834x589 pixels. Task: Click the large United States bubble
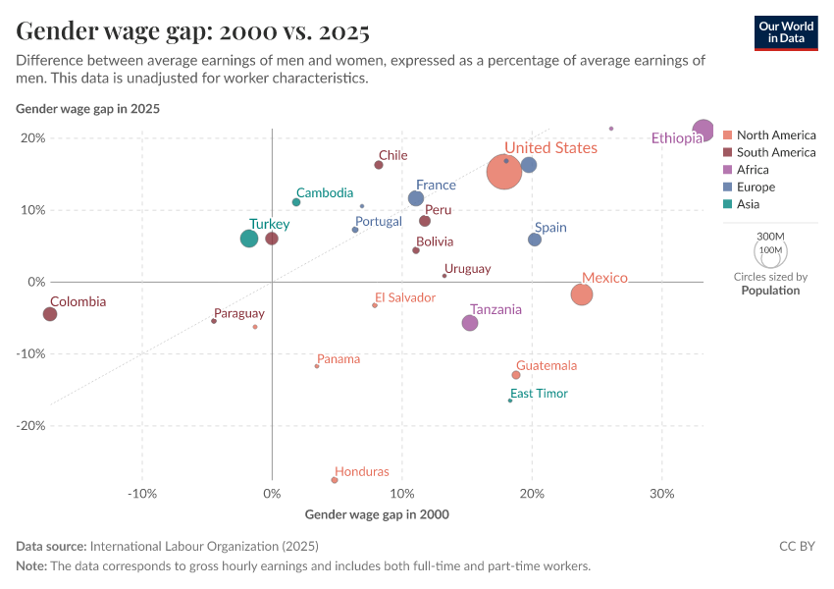point(504,172)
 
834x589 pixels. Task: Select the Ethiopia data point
point(703,131)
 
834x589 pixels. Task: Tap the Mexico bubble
point(582,294)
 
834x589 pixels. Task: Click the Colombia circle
point(50,314)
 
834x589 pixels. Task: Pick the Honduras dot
point(335,480)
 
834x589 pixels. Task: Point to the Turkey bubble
point(249,239)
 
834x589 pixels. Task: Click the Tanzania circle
point(470,323)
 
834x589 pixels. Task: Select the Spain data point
point(535,240)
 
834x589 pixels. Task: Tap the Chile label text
point(392,155)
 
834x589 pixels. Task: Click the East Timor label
point(539,394)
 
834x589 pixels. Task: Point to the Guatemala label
point(547,366)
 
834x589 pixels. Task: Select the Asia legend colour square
point(727,204)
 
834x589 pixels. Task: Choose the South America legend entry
point(775,152)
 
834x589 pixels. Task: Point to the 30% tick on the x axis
point(661,493)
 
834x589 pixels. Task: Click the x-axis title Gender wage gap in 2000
point(377,514)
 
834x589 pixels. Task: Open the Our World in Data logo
point(786,32)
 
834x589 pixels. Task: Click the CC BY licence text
point(797,547)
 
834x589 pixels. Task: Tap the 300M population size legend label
point(771,237)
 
